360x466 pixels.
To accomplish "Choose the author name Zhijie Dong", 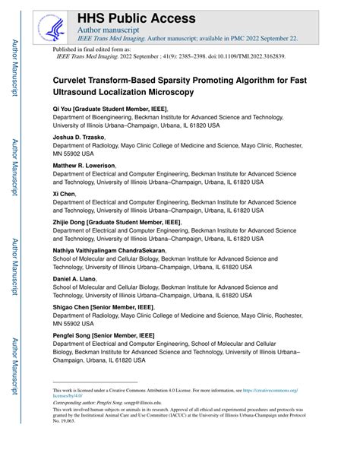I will pos(68,221).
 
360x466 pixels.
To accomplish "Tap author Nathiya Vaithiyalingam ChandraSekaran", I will pos(109,249).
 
